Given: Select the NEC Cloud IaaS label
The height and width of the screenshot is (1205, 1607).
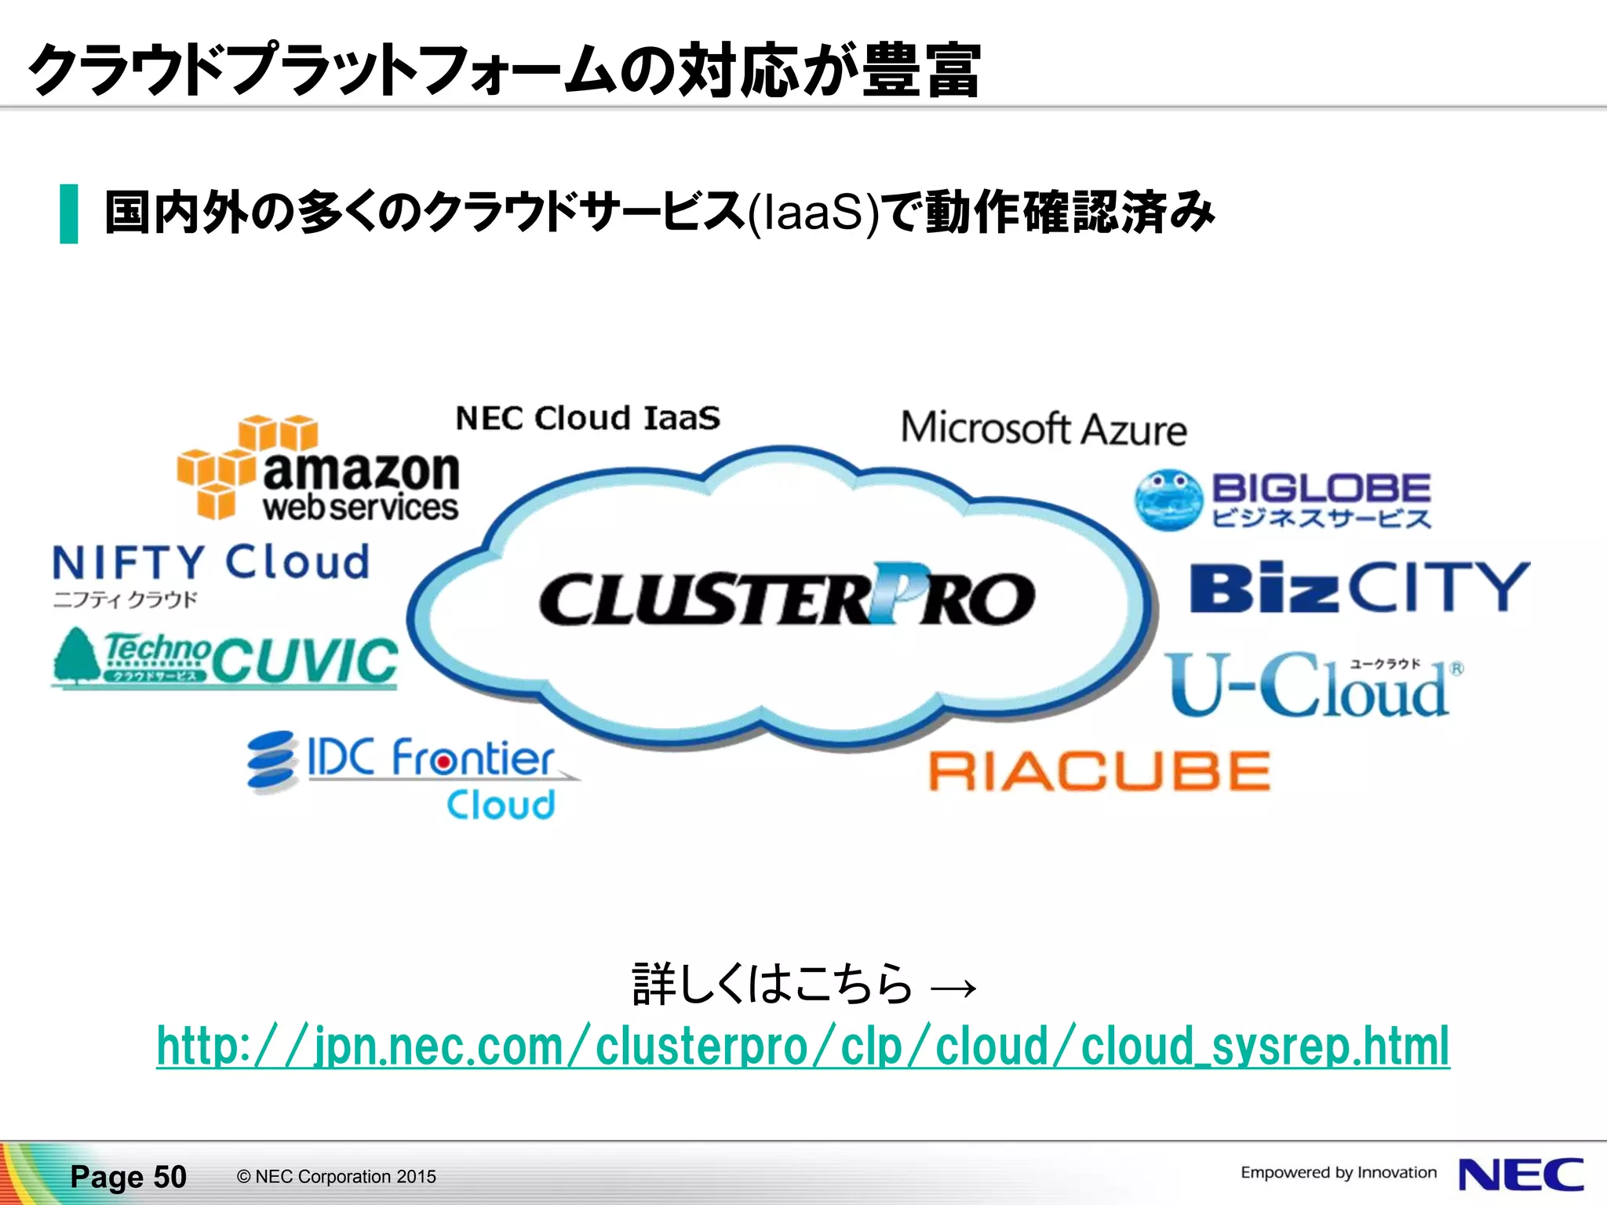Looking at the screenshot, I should [588, 418].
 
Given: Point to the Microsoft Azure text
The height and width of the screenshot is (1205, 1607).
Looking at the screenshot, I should [1043, 429].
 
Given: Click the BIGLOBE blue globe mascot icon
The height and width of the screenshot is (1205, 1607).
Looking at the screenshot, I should [1168, 499].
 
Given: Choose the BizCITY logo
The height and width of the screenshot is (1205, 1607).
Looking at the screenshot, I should [1359, 587].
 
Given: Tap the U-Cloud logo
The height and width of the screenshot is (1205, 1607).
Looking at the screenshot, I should [1310, 686].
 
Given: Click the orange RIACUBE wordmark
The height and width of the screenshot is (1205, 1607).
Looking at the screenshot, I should [1099, 770].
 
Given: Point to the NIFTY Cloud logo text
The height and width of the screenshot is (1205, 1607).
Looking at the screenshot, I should [210, 562].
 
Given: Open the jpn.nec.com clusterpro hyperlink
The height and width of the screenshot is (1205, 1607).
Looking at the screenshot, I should [803, 1047].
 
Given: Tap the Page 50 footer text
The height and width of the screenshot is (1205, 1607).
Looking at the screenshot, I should [128, 1177].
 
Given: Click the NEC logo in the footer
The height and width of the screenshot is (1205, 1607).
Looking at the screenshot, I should [1521, 1175].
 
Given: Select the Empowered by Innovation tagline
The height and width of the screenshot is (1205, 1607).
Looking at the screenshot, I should [1338, 1173].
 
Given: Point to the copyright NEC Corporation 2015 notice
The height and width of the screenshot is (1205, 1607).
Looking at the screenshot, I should [336, 1177].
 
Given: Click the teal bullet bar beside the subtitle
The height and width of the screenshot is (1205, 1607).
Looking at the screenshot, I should [69, 213].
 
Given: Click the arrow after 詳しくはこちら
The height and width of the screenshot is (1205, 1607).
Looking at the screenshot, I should [953, 987].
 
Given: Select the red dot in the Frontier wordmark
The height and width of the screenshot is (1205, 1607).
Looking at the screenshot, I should [443, 761].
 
